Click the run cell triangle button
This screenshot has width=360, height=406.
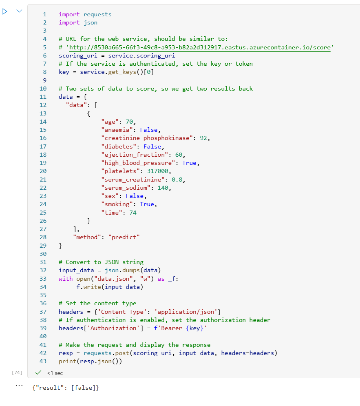(x=5, y=11)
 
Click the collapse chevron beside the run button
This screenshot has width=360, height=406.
(x=19, y=11)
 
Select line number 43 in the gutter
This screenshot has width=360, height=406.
(x=43, y=361)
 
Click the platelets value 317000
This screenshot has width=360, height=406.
(x=159, y=171)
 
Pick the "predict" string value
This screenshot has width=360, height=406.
(x=124, y=237)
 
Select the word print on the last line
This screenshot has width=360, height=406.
(x=67, y=361)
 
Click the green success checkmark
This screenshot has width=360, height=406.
(x=39, y=373)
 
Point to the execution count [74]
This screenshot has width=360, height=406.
(x=17, y=373)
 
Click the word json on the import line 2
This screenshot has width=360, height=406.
(x=91, y=22)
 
